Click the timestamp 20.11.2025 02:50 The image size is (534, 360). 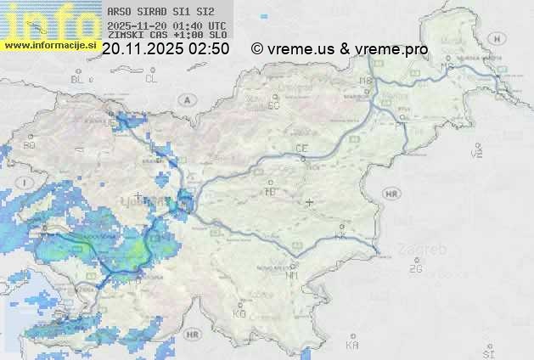(165, 49)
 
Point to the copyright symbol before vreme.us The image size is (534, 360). (257, 49)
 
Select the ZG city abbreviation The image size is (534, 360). (415, 268)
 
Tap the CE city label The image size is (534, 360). (301, 149)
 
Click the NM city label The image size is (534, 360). (293, 275)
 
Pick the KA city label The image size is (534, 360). (352, 346)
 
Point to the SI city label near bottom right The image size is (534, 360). (487, 352)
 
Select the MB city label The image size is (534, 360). (366, 81)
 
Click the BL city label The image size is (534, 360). (79, 79)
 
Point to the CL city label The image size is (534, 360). (152, 79)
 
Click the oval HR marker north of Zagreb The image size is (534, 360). (391, 194)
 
